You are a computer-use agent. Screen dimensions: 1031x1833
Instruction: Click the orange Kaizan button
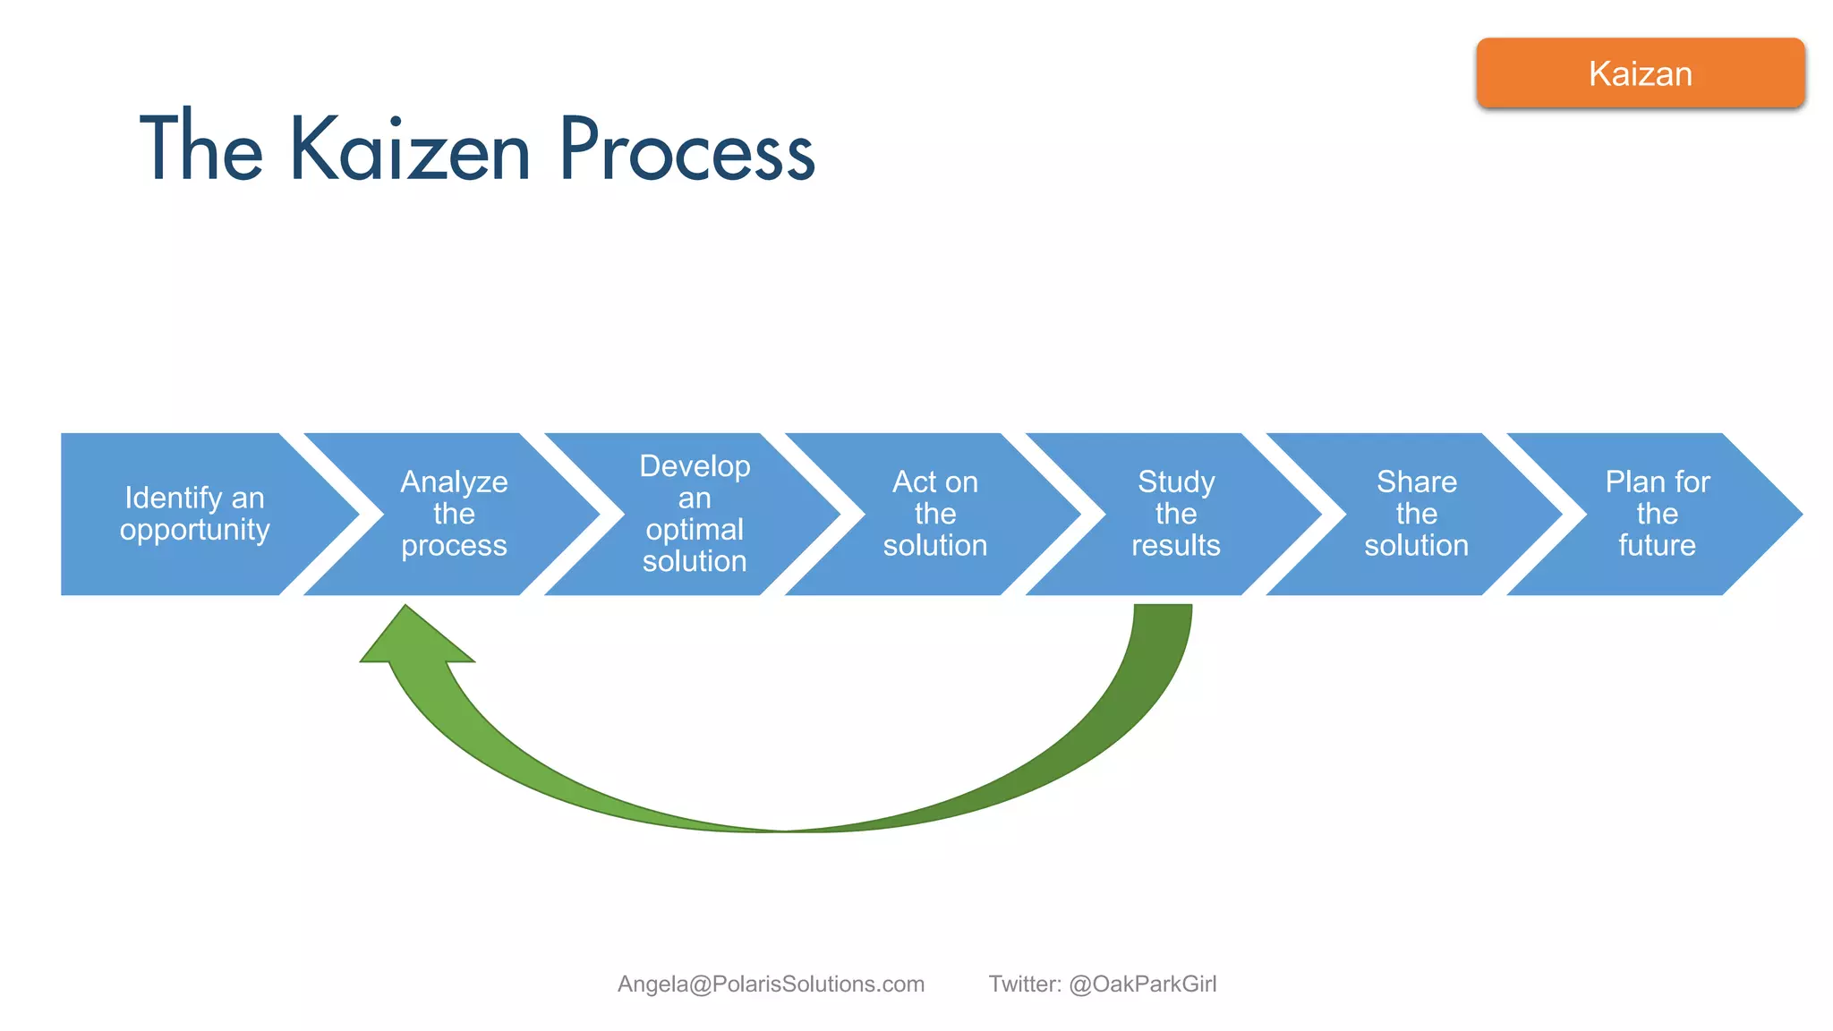coord(1640,73)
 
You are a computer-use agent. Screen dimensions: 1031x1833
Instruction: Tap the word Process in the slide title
coord(686,149)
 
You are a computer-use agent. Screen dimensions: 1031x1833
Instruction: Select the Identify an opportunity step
coord(194,514)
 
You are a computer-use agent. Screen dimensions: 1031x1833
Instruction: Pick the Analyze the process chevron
coord(454,514)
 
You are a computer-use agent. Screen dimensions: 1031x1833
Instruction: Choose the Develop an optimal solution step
coord(695,514)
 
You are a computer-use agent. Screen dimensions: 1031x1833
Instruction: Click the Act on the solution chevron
coord(934,514)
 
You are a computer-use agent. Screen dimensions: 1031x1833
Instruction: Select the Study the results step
coord(1175,514)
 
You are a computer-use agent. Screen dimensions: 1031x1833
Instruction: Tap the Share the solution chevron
coord(1416,514)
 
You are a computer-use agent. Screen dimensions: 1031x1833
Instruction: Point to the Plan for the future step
coord(1657,514)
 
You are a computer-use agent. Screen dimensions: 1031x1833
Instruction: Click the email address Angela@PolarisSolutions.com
coord(771,984)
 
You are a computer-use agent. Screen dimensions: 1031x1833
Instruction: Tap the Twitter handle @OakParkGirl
coord(1143,984)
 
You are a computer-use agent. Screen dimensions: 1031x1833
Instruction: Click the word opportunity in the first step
coord(194,530)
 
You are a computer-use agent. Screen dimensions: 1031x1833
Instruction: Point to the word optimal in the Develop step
coord(695,530)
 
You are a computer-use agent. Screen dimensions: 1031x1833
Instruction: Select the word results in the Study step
coord(1175,545)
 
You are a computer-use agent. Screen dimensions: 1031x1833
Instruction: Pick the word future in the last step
coord(1657,545)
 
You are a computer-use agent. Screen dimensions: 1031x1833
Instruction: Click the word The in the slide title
coord(201,149)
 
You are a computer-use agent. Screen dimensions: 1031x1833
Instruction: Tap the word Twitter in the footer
coord(1024,984)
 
